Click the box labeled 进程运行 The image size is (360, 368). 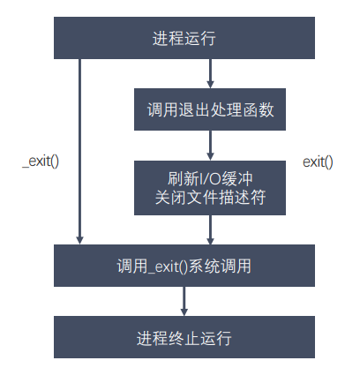tap(184, 38)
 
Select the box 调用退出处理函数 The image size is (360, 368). tap(210, 109)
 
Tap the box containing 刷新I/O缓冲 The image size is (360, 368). tap(210, 188)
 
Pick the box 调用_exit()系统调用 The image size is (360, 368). tap(184, 266)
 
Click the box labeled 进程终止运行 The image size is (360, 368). tap(184, 337)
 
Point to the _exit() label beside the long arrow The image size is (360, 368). tap(41, 161)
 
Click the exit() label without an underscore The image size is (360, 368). tap(318, 162)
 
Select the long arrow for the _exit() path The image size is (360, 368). tap(79, 152)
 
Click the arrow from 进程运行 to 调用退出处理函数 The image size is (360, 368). tap(210, 73)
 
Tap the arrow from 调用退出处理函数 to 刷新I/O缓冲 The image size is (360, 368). tap(210, 146)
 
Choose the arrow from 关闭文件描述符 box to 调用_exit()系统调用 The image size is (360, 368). tap(210, 229)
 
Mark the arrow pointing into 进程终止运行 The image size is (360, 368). tap(184, 301)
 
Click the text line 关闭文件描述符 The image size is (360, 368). tap(210, 197)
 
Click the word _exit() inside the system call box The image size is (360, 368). tap(168, 267)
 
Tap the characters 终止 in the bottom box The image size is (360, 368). tap(184, 338)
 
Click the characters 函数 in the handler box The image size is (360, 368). tap(259, 110)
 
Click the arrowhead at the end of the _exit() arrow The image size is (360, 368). tap(79, 240)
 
